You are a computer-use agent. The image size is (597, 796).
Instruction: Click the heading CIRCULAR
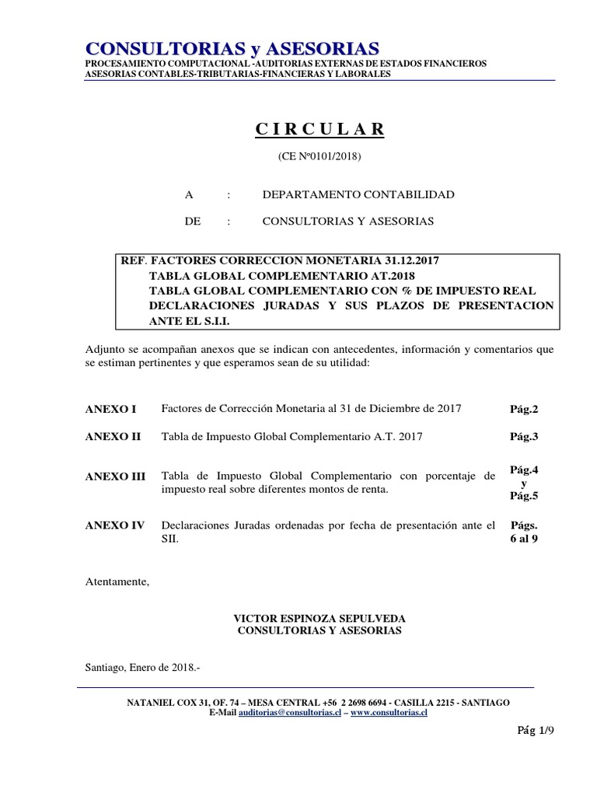pos(319,129)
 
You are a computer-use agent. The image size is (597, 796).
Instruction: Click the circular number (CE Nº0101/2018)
pos(319,156)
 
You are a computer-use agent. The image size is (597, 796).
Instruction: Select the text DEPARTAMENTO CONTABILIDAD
pos(358,194)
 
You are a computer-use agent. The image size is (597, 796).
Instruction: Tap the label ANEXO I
pos(110,409)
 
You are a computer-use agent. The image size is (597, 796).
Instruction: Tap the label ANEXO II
pos(113,437)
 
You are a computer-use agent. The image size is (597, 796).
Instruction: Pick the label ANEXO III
pos(115,477)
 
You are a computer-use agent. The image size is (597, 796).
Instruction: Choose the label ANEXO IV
pos(115,526)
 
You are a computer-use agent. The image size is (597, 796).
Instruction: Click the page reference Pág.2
pos(524,409)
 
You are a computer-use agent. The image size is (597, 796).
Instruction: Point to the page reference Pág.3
pos(524,437)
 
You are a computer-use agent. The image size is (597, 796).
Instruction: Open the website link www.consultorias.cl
pos(389,712)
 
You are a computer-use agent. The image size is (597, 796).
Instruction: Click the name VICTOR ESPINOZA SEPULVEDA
pos(319,618)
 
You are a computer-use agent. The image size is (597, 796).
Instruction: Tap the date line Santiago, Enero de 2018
pos(142,667)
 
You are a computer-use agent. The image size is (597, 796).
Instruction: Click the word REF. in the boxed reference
pos(132,261)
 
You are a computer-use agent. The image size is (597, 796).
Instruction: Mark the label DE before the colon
pos(193,222)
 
